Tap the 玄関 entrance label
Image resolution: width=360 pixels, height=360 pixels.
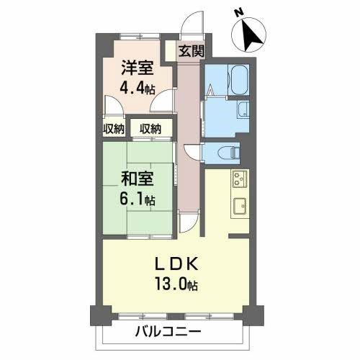192,51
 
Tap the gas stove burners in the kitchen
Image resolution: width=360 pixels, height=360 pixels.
240,179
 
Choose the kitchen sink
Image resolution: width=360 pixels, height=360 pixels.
240,204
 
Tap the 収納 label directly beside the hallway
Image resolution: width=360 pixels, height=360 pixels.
151,129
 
